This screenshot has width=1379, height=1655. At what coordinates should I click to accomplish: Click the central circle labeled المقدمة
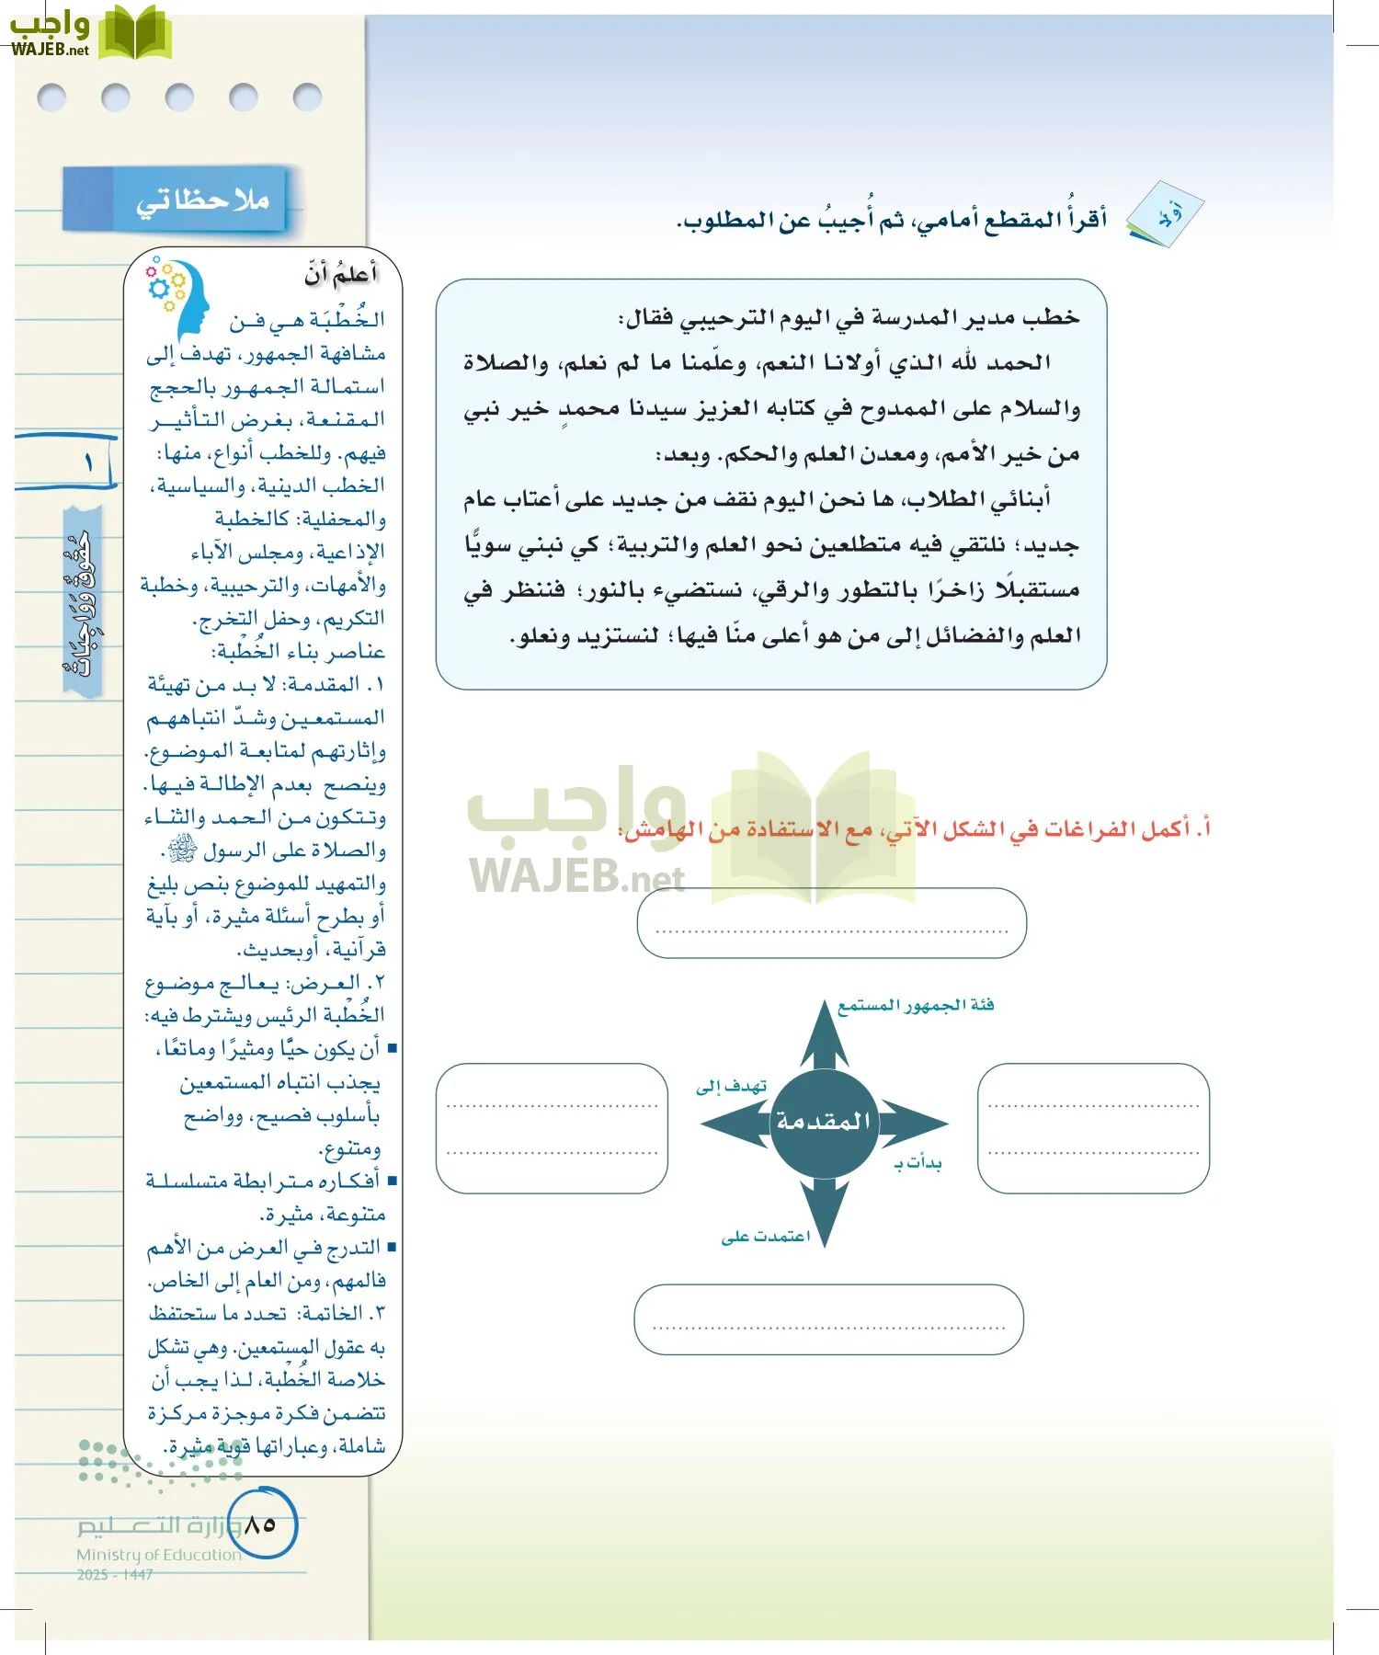(823, 1123)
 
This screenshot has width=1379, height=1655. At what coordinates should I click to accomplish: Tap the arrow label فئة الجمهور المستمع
(915, 1005)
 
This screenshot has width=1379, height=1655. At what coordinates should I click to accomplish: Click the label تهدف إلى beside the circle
(732, 1087)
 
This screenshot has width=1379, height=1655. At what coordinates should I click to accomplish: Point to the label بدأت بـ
(917, 1163)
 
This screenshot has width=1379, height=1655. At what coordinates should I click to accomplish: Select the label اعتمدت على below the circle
(765, 1237)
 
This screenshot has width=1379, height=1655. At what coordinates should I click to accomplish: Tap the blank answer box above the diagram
(831, 923)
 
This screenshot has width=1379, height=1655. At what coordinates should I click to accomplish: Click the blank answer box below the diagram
(828, 1320)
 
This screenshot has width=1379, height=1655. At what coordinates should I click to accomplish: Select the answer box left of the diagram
(552, 1128)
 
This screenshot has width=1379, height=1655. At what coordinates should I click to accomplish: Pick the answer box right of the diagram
(1093, 1128)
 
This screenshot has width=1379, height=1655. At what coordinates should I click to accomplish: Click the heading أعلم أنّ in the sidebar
(340, 274)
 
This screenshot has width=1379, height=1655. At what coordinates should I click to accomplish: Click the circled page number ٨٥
(261, 1524)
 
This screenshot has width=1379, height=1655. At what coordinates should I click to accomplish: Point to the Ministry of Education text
(158, 1555)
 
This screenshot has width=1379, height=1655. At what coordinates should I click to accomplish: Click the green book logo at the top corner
(134, 35)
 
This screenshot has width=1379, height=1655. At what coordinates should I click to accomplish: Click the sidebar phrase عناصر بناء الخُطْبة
(299, 652)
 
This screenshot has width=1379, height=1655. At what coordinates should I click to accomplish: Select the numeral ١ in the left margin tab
(89, 462)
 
